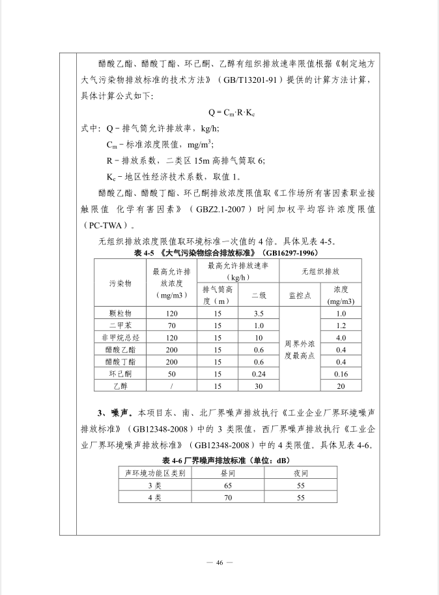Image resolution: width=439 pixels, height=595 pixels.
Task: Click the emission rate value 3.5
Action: click(x=259, y=313)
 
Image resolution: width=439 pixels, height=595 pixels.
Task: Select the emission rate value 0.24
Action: click(x=259, y=374)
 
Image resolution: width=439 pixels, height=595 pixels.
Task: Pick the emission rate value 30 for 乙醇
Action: click(x=259, y=386)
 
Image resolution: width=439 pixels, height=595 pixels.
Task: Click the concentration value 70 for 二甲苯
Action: click(x=172, y=325)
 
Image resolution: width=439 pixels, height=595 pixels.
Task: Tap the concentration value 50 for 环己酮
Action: click(x=172, y=374)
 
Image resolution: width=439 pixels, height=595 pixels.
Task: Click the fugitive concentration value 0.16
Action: click(x=341, y=374)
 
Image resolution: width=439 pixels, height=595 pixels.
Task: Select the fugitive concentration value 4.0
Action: click(x=341, y=337)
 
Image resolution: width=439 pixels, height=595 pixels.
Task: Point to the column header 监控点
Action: click(x=300, y=295)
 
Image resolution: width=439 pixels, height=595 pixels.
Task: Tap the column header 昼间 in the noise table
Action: click(x=227, y=473)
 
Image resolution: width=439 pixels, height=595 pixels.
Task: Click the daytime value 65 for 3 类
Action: click(x=227, y=485)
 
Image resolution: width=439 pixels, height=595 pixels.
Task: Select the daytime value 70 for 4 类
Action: click(x=227, y=497)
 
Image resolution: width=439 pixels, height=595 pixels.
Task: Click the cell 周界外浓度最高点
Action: click(x=300, y=349)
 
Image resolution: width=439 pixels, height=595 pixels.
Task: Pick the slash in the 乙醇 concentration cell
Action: click(x=172, y=386)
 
